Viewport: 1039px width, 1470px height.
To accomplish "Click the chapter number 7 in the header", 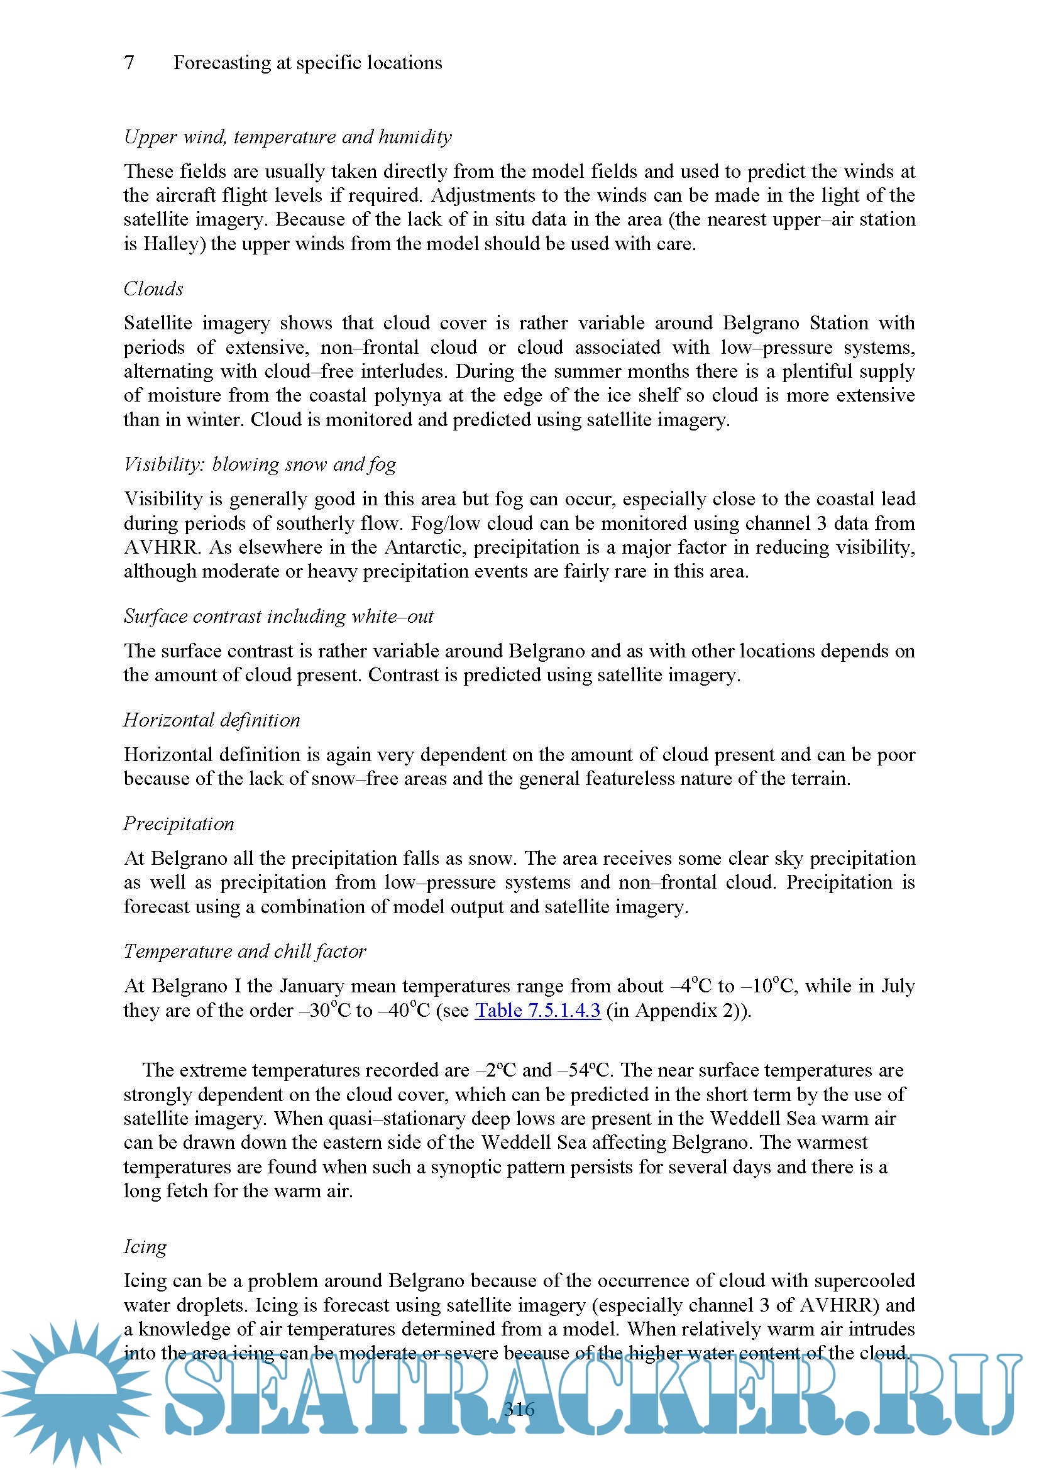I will click(129, 63).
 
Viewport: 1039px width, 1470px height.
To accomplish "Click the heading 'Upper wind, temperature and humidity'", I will click(287, 137).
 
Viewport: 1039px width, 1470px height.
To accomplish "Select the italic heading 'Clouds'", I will click(153, 288).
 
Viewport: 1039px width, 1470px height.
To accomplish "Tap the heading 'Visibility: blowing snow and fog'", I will click(260, 464).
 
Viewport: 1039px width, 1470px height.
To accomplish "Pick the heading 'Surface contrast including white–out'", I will click(278, 617).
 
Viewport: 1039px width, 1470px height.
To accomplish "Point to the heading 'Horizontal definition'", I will click(212, 720).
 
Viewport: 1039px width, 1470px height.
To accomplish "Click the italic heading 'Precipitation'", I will click(179, 824).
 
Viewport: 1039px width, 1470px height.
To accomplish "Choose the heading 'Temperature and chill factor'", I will click(245, 952).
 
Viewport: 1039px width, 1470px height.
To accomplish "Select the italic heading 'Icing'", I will click(145, 1246).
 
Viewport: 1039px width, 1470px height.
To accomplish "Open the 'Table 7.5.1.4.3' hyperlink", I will click(537, 1011).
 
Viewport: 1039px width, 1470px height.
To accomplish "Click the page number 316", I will click(519, 1408).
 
